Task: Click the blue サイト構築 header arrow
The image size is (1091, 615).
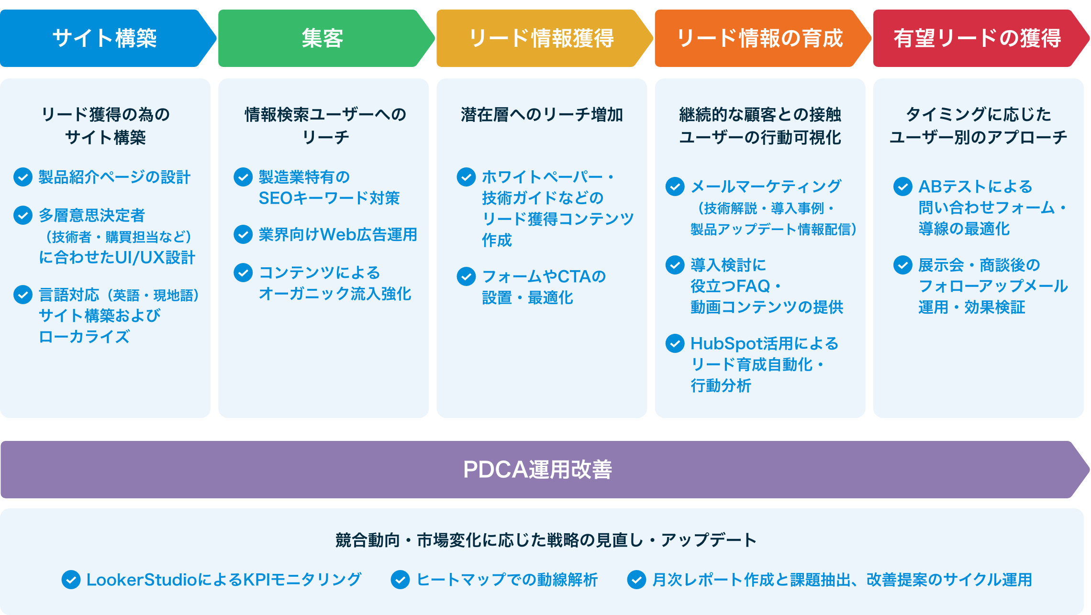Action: (104, 38)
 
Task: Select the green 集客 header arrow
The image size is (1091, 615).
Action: (323, 38)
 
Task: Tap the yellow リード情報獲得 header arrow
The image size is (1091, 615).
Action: (541, 38)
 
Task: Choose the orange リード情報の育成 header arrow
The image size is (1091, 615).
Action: (759, 38)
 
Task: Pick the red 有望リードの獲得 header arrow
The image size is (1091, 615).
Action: (977, 38)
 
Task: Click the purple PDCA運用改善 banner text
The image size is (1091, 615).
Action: (537, 470)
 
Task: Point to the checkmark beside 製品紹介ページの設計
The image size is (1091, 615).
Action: (23, 177)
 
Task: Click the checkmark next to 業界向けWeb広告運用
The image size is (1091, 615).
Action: (243, 234)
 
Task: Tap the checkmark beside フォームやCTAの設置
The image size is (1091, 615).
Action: (466, 276)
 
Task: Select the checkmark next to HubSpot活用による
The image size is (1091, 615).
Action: (675, 343)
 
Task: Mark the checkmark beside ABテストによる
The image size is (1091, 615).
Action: (902, 187)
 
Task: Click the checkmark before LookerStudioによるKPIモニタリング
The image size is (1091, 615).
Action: (71, 580)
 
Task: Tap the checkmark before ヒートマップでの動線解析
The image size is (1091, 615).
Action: (400, 580)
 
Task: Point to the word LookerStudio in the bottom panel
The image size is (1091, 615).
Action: (142, 580)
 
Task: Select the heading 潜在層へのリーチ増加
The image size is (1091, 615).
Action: (542, 115)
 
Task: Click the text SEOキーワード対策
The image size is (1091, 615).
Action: (329, 198)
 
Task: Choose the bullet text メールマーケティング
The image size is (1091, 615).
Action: (766, 187)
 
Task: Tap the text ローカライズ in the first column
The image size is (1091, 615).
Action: (84, 337)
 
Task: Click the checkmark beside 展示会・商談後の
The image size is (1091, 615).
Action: (902, 265)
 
